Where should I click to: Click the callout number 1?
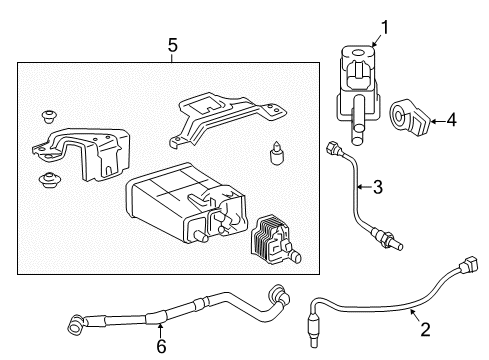(380, 28)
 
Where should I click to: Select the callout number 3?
(379, 185)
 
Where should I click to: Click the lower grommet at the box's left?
(46, 181)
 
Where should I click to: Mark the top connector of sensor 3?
(332, 150)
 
